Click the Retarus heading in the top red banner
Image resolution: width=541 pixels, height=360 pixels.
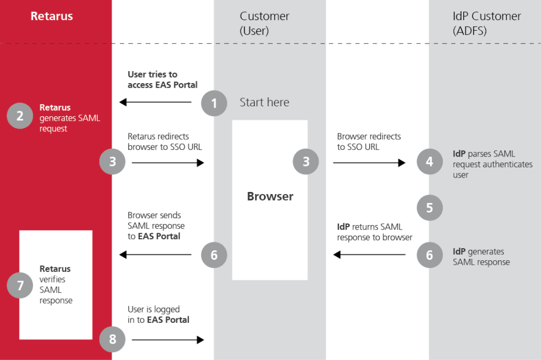tap(52, 16)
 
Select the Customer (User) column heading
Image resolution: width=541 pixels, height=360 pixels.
tap(264, 23)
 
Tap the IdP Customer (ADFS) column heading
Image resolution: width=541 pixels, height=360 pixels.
tap(486, 23)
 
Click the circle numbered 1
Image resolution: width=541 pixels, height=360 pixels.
tap(214, 103)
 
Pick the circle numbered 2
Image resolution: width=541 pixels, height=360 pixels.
tap(20, 116)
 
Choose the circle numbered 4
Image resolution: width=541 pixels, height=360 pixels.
tap(430, 162)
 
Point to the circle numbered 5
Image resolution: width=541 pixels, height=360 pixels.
tap(430, 208)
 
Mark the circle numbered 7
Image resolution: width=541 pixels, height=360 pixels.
tap(20, 286)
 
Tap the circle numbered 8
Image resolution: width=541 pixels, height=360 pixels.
tap(112, 339)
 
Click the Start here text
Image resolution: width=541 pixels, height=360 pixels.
tap(264, 102)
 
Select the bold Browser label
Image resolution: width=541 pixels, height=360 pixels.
tap(270, 196)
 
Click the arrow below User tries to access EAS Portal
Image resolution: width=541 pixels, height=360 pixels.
tap(155, 102)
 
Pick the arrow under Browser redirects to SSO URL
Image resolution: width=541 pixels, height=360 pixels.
tap(369, 162)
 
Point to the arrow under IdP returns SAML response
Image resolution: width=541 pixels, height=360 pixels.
tap(369, 255)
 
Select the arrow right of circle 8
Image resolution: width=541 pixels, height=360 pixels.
tap(168, 339)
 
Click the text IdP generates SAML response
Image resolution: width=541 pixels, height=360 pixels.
tap(481, 257)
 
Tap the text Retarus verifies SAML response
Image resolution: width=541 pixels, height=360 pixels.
tap(56, 285)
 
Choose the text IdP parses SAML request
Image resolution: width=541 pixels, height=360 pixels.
tap(492, 164)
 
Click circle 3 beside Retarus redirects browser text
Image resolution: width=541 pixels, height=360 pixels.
tap(112, 162)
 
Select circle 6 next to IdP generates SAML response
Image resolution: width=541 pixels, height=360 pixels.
tap(430, 255)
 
